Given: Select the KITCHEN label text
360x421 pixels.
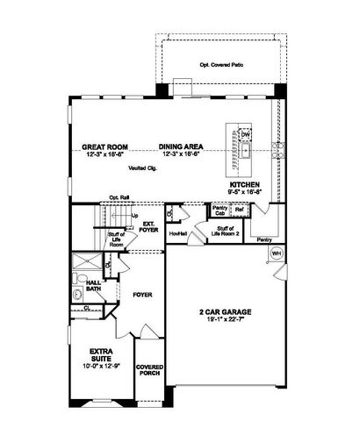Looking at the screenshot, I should pyautogui.click(x=245, y=185).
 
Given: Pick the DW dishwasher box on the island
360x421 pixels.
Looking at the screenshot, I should pyautogui.click(x=247, y=134).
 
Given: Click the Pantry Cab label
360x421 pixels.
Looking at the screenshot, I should pyautogui.click(x=219, y=210).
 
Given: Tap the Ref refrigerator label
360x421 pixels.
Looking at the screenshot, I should pyautogui.click(x=238, y=209).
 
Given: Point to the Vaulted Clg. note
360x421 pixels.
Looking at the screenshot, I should pyautogui.click(x=140, y=167).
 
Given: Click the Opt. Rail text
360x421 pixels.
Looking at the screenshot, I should pyautogui.click(x=119, y=197).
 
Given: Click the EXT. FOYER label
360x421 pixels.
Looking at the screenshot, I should pyautogui.click(x=149, y=227).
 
